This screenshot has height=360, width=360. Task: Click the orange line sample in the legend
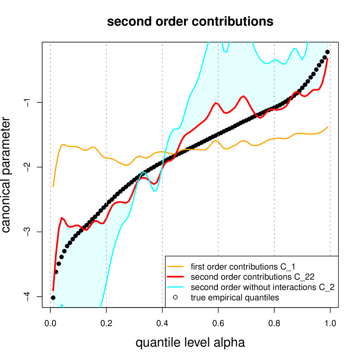pos(175,265)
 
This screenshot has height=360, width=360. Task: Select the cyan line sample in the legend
pos(175,287)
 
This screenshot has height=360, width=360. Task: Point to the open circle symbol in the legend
pos(175,298)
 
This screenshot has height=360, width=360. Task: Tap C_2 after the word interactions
pos(324,287)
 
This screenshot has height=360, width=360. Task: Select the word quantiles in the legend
pos(265,298)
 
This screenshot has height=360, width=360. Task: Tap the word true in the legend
pos(197,298)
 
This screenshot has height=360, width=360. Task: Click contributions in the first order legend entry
pos(249,265)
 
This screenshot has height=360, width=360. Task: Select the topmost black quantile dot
pos(327,52)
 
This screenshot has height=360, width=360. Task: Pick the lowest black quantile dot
pos(53,297)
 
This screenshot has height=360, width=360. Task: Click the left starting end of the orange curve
pos(54,186)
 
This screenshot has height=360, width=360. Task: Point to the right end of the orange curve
pos(328,127)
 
